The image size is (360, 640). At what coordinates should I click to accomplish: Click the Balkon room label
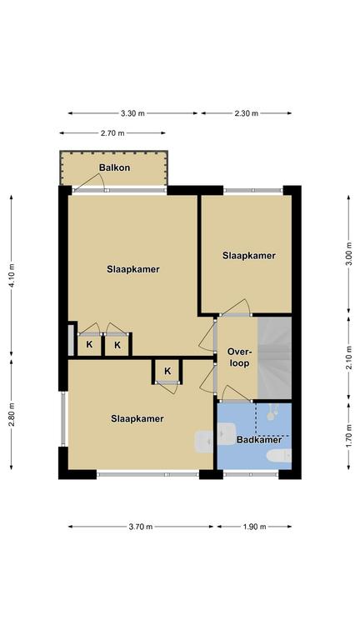[x=114, y=167]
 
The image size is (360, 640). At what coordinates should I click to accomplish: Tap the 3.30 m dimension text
[x=132, y=113]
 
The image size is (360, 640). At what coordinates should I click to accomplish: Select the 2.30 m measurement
[x=246, y=113]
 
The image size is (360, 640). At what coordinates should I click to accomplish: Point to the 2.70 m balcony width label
[x=112, y=133]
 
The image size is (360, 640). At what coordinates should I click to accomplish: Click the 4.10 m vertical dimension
[x=12, y=276]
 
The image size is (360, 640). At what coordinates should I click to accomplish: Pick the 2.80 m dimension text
[x=12, y=415]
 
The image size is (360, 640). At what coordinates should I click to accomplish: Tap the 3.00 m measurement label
[x=349, y=254]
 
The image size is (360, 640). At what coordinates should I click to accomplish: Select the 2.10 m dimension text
[x=349, y=358]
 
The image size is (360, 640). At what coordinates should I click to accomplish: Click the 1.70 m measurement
[x=349, y=437]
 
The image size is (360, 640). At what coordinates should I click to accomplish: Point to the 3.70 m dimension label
[x=141, y=527]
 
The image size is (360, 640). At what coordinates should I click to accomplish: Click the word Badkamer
[x=259, y=440]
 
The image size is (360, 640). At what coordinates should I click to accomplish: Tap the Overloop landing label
[x=238, y=358]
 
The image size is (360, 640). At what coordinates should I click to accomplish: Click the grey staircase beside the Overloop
[x=274, y=358]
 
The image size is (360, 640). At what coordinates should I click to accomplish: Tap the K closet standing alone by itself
[x=167, y=372]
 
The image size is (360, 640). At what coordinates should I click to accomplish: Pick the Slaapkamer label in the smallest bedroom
[x=249, y=256]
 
